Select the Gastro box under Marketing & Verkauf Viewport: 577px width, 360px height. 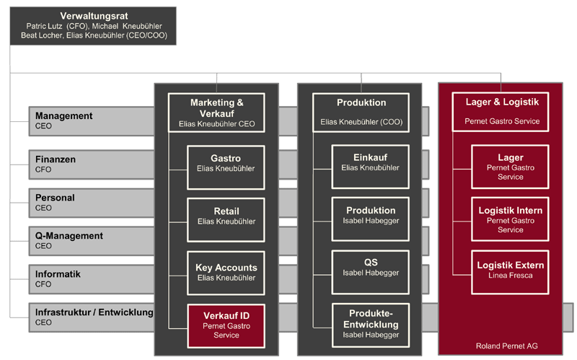(226, 163)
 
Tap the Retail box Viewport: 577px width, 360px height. (226, 216)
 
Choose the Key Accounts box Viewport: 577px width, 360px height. (226, 272)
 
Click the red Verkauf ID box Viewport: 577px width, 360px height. (226, 325)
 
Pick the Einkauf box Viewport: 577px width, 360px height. (371, 163)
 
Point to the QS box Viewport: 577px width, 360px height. (371, 268)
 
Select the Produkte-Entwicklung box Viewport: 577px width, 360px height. (371, 324)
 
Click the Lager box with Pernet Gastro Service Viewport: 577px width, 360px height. (510, 167)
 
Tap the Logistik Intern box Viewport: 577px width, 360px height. (510, 219)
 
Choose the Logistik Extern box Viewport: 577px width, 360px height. (510, 270)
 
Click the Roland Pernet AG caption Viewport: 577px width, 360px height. (507, 346)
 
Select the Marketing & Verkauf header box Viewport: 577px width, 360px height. (216, 113)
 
